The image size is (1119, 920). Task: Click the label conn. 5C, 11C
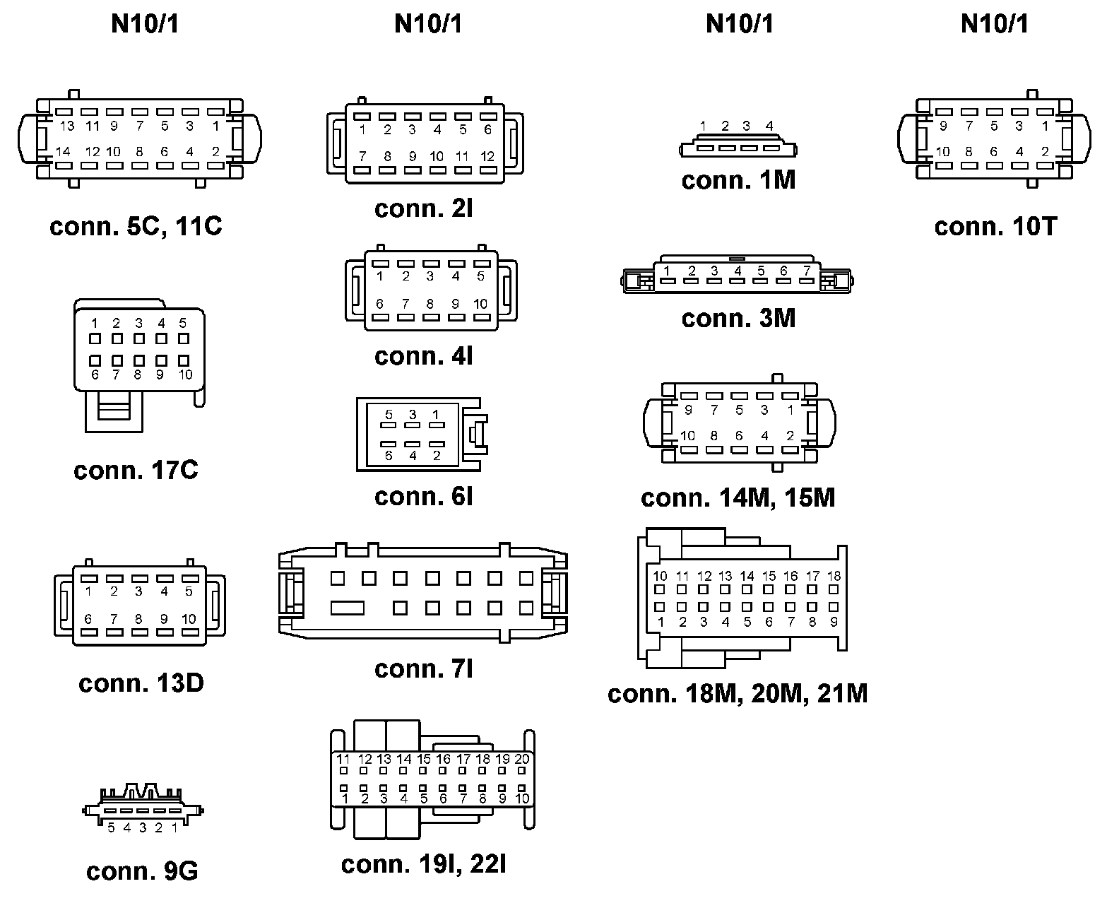tap(136, 227)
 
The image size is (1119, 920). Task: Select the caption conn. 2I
tap(424, 208)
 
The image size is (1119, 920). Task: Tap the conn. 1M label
tap(738, 180)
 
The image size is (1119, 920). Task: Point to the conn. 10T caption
tap(995, 227)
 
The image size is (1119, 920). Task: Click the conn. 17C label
tap(136, 471)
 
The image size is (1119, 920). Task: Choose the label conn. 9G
tap(142, 871)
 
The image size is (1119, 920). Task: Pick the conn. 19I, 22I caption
tap(424, 864)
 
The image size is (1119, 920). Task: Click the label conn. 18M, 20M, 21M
tap(738, 694)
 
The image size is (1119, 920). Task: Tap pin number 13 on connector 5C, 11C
tap(67, 126)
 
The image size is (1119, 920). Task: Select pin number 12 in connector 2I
tap(487, 156)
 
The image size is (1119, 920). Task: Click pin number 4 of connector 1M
tap(769, 126)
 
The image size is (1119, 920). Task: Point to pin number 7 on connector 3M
tap(806, 271)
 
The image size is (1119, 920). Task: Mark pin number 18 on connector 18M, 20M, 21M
tap(834, 576)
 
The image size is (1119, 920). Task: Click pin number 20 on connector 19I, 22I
tap(522, 759)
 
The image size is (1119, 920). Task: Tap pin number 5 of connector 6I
tap(389, 415)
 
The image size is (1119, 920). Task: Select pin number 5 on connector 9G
tap(111, 827)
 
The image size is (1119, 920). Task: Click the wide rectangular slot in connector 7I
tap(348, 608)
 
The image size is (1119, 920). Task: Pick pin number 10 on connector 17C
tap(185, 375)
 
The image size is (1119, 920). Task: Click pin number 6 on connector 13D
tap(88, 619)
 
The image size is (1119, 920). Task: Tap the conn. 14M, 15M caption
tap(738, 498)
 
